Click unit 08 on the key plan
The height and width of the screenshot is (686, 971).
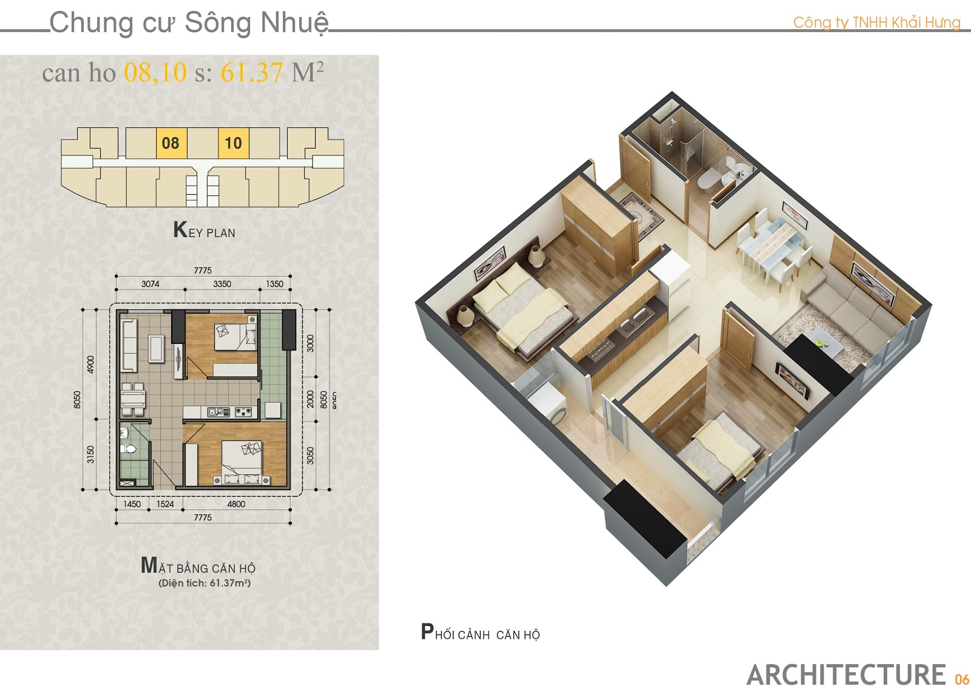(171, 143)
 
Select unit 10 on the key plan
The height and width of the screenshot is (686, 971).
(233, 143)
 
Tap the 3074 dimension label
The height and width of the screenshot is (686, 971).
(150, 284)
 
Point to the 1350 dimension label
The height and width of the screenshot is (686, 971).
(274, 284)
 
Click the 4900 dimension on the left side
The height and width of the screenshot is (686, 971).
(90, 365)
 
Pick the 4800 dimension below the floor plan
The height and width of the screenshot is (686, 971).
(236, 504)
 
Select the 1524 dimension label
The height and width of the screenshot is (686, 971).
(165, 504)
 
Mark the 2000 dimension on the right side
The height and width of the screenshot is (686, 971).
(310, 399)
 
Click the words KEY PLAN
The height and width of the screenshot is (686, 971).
(204, 230)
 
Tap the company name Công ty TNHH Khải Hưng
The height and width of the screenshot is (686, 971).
(877, 22)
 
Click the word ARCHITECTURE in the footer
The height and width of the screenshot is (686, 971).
(846, 674)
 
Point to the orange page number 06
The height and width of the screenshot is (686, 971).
(961, 679)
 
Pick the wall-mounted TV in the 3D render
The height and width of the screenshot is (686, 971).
(793, 381)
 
